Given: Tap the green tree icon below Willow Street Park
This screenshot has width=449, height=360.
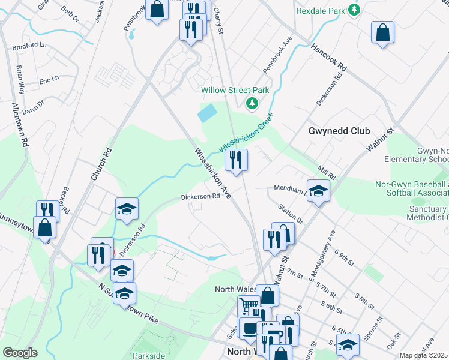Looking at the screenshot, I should pyautogui.click(x=253, y=104).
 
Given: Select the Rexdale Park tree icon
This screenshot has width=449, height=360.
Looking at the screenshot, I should pyautogui.click(x=355, y=10).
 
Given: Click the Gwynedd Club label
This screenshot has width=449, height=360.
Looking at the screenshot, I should pyautogui.click(x=339, y=131).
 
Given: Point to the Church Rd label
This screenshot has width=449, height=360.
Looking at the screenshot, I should pyautogui.click(x=101, y=164).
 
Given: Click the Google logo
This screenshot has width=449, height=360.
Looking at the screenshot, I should pyautogui.click(x=20, y=353).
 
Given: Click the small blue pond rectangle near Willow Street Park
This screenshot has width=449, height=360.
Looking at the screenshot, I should pyautogui.click(x=208, y=112).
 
